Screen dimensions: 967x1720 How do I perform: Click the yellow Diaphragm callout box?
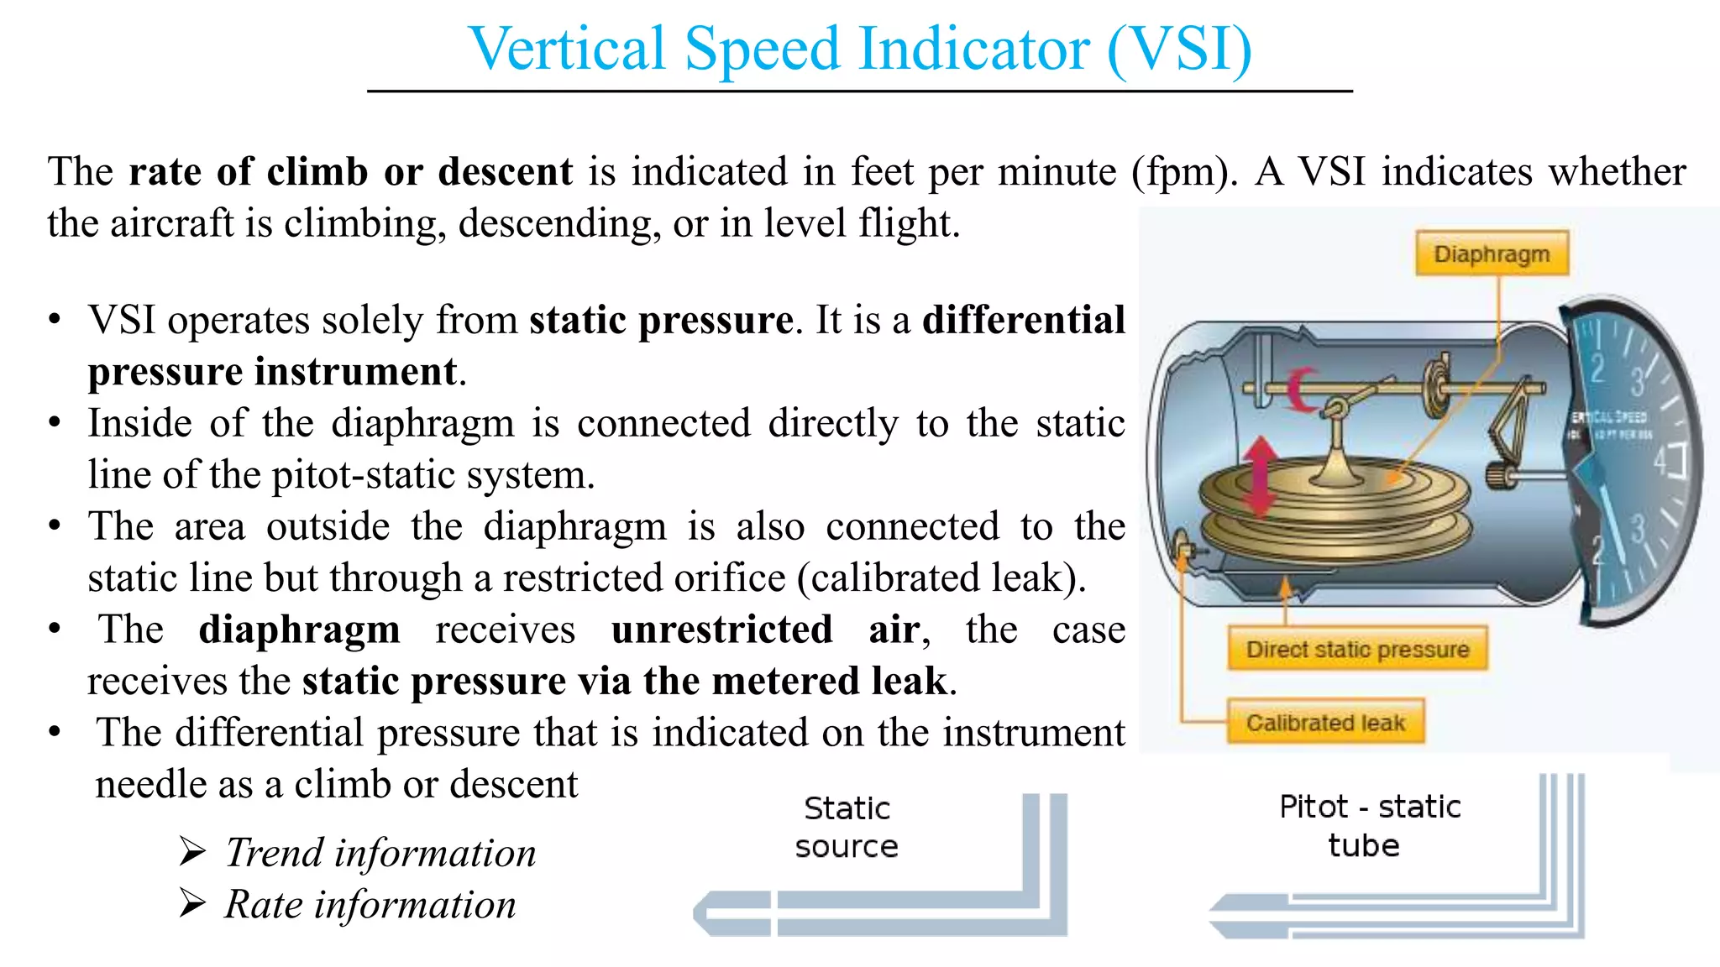tap(1492, 254)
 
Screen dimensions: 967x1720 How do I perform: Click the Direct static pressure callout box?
tap(1357, 649)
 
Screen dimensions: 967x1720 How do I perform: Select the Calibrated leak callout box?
tap(1325, 722)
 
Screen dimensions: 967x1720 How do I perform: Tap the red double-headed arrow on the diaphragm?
tap(1260, 475)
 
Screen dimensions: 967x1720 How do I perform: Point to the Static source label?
tap(847, 827)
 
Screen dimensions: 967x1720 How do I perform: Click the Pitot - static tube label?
tap(1369, 825)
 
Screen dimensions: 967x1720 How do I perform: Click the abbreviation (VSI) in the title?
tap(1179, 49)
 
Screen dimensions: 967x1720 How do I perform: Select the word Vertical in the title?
tap(567, 49)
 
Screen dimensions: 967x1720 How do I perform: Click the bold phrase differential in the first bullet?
tap(1023, 320)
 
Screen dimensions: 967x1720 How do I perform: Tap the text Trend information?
tap(380, 853)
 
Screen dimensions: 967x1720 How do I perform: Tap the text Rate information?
tap(370, 905)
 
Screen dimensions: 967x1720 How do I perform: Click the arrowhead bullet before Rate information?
tap(192, 904)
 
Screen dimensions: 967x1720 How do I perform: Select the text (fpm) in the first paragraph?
tap(1183, 171)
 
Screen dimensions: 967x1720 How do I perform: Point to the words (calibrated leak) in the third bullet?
tap(941, 578)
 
